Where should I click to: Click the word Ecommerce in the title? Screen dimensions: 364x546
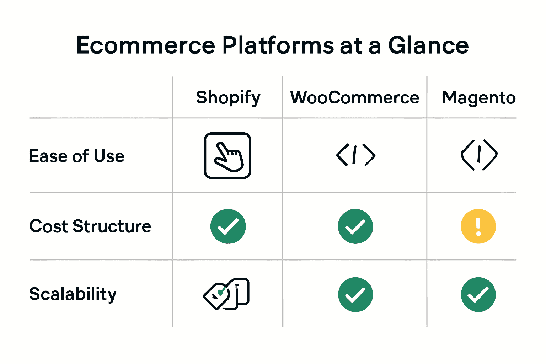[x=146, y=45]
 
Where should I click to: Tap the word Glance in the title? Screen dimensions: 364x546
[x=428, y=45]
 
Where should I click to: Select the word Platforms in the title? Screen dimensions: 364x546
[x=278, y=45]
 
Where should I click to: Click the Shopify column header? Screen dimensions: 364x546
[x=228, y=98]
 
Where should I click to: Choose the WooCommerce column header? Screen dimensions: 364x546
[x=355, y=98]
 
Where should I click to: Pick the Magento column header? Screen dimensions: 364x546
[x=479, y=98]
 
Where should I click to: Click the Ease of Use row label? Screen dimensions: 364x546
[x=77, y=156]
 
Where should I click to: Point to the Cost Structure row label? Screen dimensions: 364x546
[x=90, y=226]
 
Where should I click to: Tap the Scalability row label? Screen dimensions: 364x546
[x=73, y=294]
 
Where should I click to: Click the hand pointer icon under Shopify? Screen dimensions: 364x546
[x=227, y=156]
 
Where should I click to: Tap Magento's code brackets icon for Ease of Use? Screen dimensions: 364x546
[x=479, y=155]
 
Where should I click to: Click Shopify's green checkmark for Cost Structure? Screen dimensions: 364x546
[x=228, y=226]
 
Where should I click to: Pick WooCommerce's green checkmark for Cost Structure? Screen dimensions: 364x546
[x=355, y=226]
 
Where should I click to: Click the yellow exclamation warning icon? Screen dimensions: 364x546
[x=478, y=226]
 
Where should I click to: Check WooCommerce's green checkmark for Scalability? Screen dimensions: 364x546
[x=355, y=294]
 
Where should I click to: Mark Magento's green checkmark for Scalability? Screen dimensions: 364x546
[x=478, y=294]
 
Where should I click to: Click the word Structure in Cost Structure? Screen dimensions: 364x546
[x=112, y=226]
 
